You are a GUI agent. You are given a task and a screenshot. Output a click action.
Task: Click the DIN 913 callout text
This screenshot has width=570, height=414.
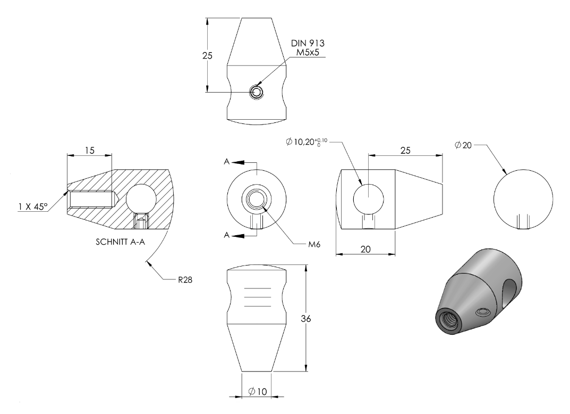(308, 43)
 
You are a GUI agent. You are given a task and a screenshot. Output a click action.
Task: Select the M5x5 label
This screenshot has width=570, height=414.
(308, 53)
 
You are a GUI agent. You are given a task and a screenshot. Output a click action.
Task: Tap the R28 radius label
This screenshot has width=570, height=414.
(185, 280)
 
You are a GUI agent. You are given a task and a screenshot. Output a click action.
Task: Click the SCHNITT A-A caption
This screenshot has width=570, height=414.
(121, 242)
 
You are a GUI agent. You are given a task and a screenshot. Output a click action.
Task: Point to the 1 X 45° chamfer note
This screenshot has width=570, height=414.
(33, 207)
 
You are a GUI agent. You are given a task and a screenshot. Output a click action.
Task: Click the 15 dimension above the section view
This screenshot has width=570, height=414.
(90, 150)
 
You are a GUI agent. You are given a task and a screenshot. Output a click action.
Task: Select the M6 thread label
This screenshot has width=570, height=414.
(314, 244)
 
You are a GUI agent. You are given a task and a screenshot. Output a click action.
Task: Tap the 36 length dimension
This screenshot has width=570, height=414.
(306, 319)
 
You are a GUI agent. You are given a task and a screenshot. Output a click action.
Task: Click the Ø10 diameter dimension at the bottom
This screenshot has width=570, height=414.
(257, 392)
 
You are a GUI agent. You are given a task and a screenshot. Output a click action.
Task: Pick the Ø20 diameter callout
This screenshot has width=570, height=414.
(463, 145)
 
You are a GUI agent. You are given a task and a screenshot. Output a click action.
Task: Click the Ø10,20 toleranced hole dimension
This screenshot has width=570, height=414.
(307, 142)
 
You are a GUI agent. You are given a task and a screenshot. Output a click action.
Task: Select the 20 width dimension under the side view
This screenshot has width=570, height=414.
(365, 249)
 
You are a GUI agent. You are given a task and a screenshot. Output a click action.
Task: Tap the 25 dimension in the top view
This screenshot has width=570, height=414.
(207, 56)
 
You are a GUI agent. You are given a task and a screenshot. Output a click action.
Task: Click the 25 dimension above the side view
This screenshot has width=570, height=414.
(405, 151)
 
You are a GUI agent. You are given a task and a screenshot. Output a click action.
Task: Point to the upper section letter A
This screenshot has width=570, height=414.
(227, 161)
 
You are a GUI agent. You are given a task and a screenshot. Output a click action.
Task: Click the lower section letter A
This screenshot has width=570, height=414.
(227, 235)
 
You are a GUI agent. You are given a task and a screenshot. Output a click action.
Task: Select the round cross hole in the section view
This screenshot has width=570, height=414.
(141, 199)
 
